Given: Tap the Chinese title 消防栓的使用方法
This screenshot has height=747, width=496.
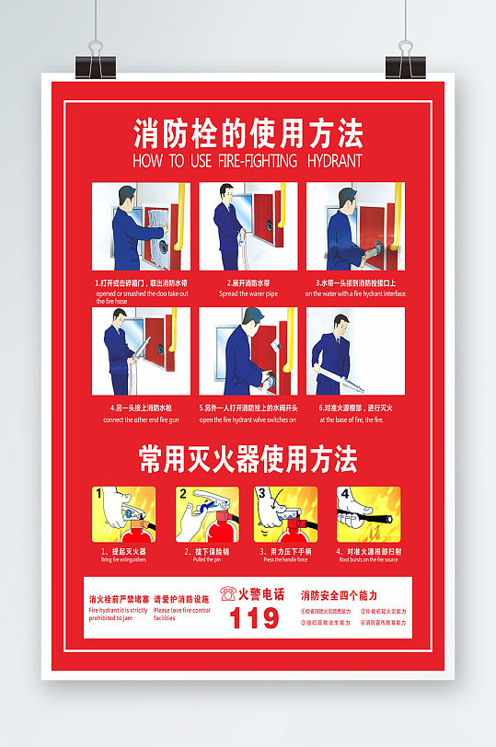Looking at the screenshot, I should (248, 133).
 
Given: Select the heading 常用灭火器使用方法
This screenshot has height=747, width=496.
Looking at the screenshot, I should (248, 459).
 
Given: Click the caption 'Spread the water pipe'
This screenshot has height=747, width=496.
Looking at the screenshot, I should (248, 293).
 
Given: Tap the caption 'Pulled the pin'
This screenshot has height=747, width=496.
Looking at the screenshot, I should (205, 559).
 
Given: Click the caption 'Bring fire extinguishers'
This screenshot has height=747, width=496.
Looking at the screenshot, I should (123, 559).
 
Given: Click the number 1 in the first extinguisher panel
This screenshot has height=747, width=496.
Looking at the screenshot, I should (98, 494).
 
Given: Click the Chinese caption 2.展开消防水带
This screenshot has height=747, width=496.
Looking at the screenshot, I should (248, 283).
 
